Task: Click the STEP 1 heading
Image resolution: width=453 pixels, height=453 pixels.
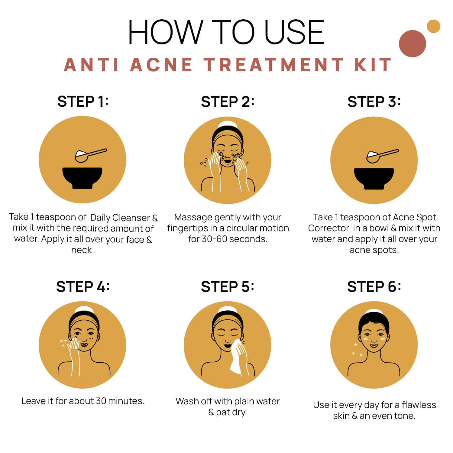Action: click(83, 102)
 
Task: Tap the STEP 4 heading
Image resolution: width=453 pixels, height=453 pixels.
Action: click(83, 286)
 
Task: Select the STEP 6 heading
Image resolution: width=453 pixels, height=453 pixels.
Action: click(374, 286)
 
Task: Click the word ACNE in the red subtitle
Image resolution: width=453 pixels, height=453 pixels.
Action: click(161, 65)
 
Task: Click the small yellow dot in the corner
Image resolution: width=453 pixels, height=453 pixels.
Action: click(433, 26)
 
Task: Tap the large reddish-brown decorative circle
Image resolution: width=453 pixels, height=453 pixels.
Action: click(412, 44)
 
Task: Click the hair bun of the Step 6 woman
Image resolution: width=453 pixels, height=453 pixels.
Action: click(374, 312)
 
